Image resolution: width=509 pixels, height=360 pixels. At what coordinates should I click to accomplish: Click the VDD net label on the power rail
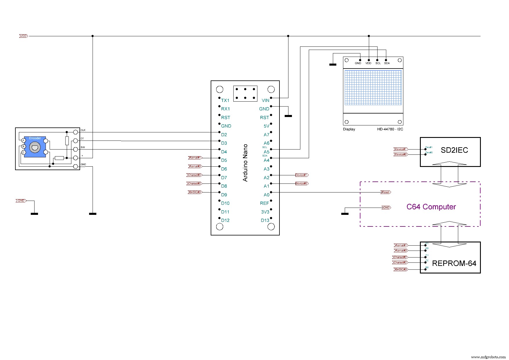click(x=24, y=36)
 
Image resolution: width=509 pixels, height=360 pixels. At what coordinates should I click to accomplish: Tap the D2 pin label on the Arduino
click(x=224, y=135)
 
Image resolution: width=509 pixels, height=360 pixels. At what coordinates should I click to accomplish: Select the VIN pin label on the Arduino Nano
click(x=265, y=100)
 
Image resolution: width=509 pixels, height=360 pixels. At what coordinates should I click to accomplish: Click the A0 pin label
click(x=266, y=195)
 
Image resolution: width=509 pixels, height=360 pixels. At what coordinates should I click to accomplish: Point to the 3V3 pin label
click(x=265, y=212)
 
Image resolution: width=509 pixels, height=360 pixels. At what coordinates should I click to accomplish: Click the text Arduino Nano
click(x=246, y=163)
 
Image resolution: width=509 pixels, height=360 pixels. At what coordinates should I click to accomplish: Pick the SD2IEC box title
click(x=454, y=150)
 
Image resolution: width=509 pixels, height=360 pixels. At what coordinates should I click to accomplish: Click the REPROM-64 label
click(x=454, y=263)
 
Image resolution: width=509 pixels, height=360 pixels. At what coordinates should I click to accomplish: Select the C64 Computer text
click(x=431, y=207)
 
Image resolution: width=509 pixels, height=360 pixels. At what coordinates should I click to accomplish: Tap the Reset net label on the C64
click(x=386, y=192)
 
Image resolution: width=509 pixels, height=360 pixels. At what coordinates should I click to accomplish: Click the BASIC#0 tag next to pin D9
click(x=195, y=192)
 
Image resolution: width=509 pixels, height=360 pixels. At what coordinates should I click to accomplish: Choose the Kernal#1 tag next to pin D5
click(x=195, y=158)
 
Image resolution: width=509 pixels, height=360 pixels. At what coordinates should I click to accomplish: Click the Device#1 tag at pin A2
click(x=302, y=175)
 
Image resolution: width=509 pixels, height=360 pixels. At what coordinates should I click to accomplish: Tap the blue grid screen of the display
click(x=373, y=87)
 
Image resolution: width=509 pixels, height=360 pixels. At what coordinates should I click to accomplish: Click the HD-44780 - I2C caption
click(x=390, y=129)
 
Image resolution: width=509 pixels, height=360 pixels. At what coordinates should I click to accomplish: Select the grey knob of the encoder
click(x=35, y=147)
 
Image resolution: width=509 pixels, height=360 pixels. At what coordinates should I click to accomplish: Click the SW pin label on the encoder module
click(x=83, y=147)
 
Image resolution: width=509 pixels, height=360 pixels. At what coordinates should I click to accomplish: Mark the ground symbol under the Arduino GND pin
click(x=288, y=116)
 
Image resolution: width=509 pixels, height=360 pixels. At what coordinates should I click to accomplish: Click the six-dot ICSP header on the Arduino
click(x=245, y=93)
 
